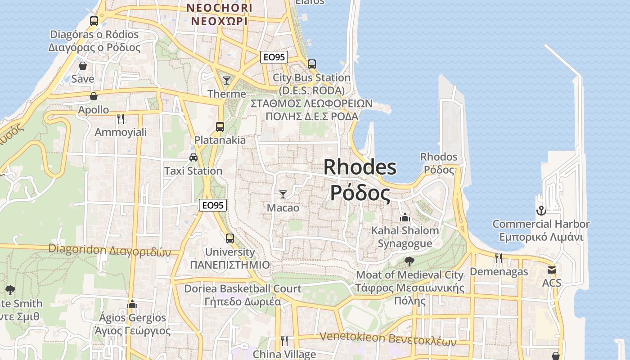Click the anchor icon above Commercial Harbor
point(541,210)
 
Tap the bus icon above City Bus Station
point(312,64)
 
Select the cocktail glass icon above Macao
point(283,194)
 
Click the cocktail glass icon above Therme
point(227,81)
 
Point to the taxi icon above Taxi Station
point(193,157)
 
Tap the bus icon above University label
point(230,238)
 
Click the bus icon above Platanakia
point(220,126)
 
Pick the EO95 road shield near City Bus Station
point(274,57)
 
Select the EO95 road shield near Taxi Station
point(213,205)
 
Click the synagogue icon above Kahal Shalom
point(405,217)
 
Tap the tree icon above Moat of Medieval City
point(409,261)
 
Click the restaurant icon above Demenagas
point(499,258)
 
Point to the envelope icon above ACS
point(552,270)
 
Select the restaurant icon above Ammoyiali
point(121,118)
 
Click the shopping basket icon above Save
point(83,66)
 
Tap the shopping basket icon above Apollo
point(94,96)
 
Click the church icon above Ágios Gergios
point(132,304)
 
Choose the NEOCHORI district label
point(220,8)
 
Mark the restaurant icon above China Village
point(284,341)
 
